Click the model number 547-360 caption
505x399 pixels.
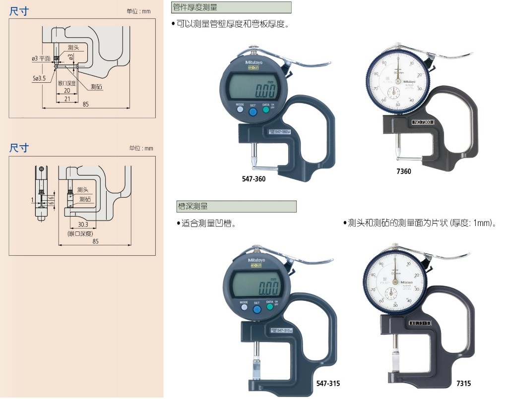pos(253,178)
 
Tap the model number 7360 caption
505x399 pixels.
pos(403,171)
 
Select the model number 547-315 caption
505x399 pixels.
pos(328,383)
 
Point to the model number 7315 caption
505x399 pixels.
pos(463,383)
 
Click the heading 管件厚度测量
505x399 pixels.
pos(194,8)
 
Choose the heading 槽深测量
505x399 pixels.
pos(191,206)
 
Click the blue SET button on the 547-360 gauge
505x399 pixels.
pos(252,112)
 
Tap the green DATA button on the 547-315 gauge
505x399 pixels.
pos(269,307)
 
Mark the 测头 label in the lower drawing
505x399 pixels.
pos(83,190)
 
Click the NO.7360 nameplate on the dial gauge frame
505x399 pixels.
pos(423,122)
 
